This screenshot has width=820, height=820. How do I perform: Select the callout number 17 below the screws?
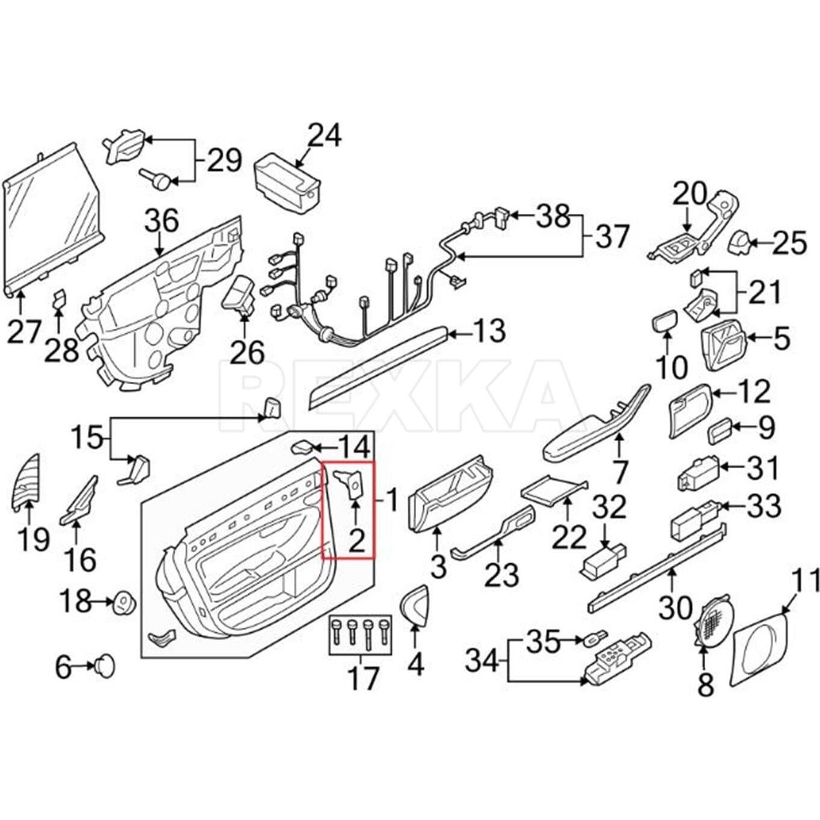pos(364,678)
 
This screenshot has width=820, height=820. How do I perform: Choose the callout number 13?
pos(489,331)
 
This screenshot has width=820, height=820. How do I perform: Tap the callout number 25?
pos(789,243)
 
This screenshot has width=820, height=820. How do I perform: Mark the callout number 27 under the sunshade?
pos(24,332)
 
